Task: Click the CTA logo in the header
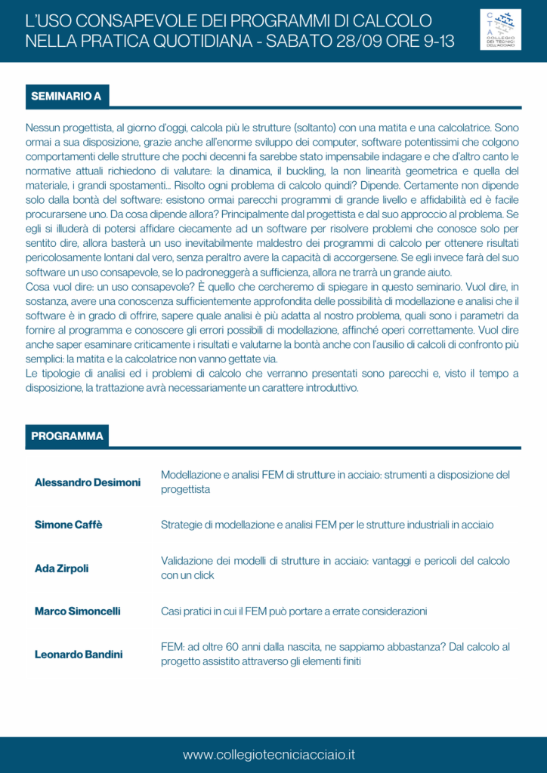(500, 29)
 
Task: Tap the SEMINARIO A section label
(66, 97)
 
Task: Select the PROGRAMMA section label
(67, 436)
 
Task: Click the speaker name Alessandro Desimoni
(88, 482)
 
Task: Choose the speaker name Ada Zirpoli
(61, 568)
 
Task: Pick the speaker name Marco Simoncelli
(78, 611)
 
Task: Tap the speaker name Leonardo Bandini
(79, 654)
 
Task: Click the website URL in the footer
(269, 755)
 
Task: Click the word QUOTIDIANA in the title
(191, 41)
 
